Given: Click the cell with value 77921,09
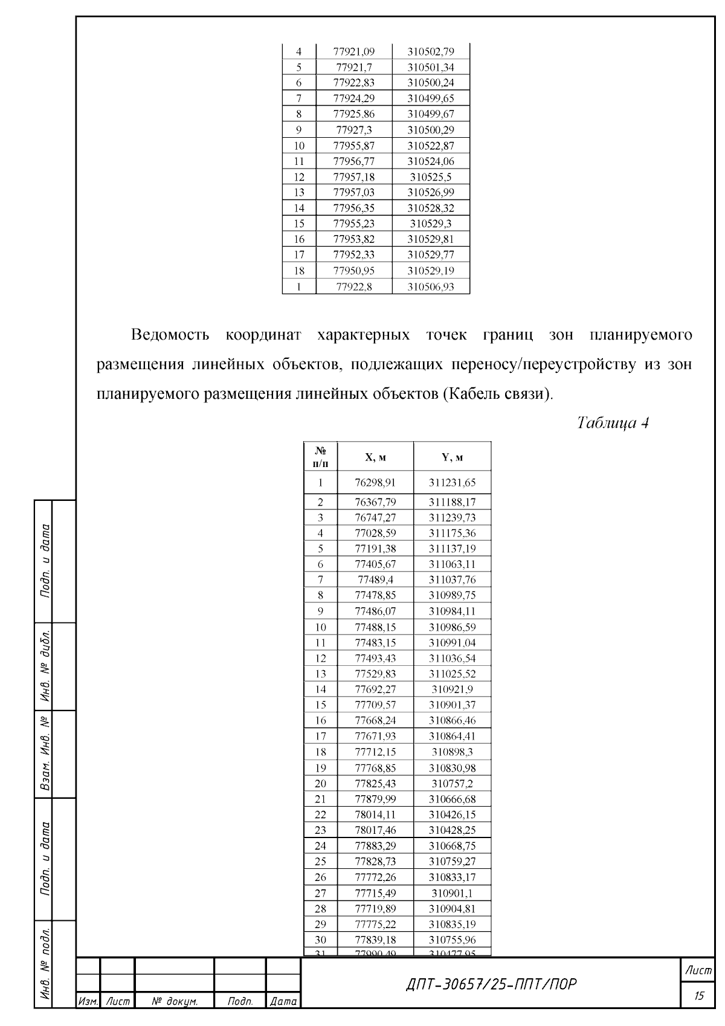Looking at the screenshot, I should click(x=354, y=52).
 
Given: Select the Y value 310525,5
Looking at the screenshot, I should click(x=431, y=177).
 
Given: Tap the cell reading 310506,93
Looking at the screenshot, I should click(x=431, y=287).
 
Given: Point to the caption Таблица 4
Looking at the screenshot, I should click(x=613, y=422).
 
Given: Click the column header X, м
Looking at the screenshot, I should click(x=375, y=457).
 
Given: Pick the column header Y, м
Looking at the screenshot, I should click(x=452, y=457).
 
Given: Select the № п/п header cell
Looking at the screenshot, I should click(x=321, y=457).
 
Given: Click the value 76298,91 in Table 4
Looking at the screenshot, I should click(x=375, y=483).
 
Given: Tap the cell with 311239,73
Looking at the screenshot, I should click(x=452, y=518).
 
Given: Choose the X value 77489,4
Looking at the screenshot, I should click(x=375, y=580).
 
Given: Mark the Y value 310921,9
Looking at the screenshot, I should click(x=452, y=689).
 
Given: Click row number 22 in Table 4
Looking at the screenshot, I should click(x=321, y=815).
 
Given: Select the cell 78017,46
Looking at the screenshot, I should click(x=375, y=830).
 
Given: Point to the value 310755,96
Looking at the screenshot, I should click(x=452, y=940).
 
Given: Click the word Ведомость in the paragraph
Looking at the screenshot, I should click(x=170, y=335).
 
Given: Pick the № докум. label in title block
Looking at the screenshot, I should click(x=175, y=1001).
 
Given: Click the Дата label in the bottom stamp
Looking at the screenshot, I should click(x=283, y=1001).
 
